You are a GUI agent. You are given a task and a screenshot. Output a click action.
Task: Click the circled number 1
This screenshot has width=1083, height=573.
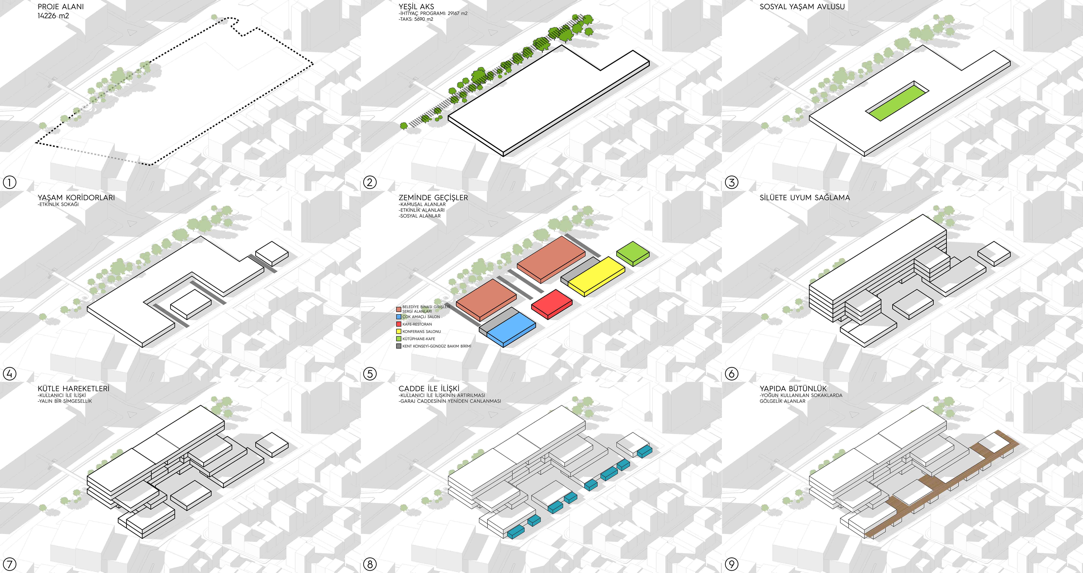click(9, 182)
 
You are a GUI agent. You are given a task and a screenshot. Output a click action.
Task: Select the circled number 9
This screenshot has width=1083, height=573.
click(732, 564)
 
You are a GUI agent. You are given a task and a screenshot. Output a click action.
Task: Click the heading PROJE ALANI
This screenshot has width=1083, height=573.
click(61, 7)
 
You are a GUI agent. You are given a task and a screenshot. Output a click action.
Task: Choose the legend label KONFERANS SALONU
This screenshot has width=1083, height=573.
click(422, 331)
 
